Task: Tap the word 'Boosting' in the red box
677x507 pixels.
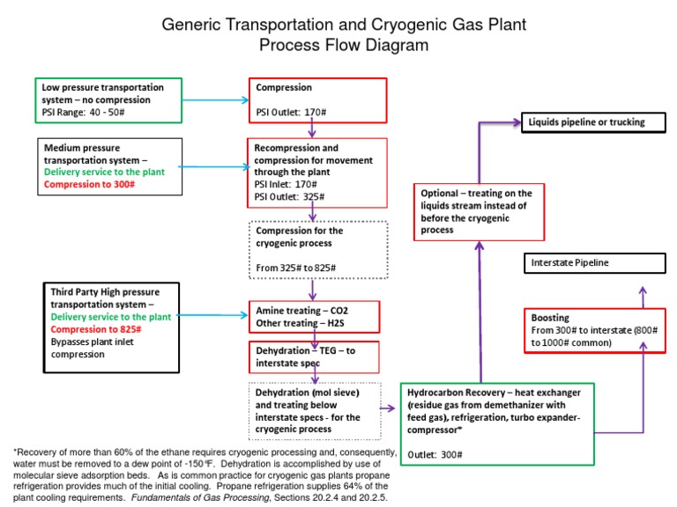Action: coord(550,318)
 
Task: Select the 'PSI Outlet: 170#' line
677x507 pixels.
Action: coord(288,112)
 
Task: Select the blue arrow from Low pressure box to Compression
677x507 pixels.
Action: coord(215,99)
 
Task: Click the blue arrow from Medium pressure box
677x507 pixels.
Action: coord(215,166)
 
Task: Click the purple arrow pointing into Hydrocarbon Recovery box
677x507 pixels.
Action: coord(388,408)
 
